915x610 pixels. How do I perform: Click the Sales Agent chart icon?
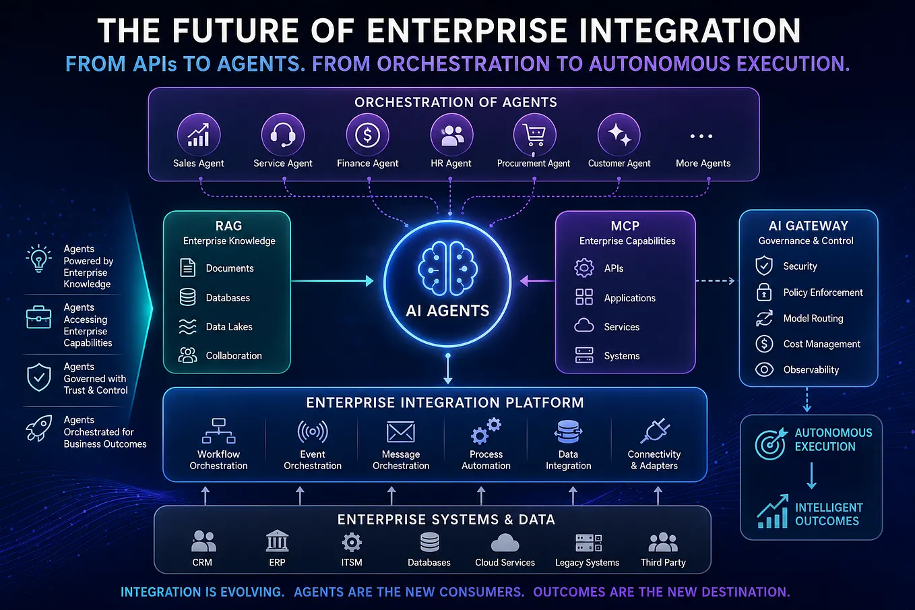tap(199, 135)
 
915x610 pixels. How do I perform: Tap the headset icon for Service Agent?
tap(283, 135)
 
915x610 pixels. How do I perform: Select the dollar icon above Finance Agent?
tap(367, 135)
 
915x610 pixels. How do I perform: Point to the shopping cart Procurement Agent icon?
tap(535, 135)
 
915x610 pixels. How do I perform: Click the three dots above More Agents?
tap(701, 136)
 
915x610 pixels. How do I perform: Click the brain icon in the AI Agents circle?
tap(447, 268)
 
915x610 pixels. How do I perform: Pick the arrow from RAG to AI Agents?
tap(332, 280)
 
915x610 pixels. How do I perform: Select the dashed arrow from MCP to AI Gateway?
tap(716, 280)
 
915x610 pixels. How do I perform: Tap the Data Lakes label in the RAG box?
tap(229, 327)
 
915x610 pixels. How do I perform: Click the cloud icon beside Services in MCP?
tap(584, 326)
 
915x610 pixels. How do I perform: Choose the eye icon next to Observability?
tap(764, 369)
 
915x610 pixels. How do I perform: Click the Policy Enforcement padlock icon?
tap(764, 292)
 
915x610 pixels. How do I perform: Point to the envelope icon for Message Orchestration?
tap(401, 432)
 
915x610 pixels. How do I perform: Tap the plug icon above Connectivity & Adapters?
tap(655, 431)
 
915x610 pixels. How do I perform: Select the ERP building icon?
tap(277, 541)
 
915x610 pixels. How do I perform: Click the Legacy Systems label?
tap(587, 563)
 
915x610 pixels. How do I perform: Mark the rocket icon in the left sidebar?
tap(39, 428)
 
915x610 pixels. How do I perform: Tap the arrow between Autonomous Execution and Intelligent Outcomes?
tap(812, 476)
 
